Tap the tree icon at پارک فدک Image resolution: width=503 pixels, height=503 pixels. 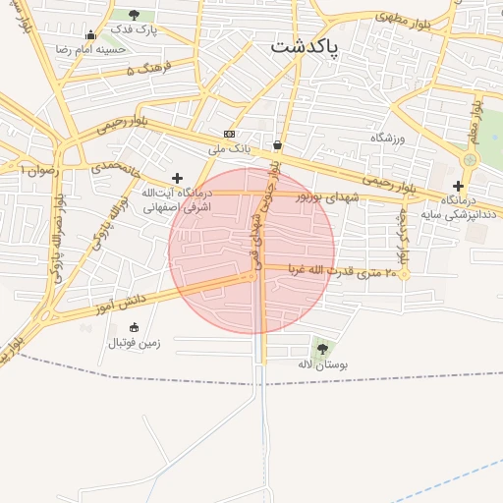click(x=134, y=15)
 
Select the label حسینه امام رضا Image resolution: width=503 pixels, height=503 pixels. click(x=91, y=49)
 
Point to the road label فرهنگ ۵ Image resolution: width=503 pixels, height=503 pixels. click(x=148, y=70)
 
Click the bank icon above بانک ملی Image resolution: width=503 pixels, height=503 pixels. click(x=229, y=134)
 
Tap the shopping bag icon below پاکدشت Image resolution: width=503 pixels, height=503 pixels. click(x=278, y=145)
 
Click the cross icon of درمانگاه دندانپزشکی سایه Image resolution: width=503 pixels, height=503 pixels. click(x=458, y=185)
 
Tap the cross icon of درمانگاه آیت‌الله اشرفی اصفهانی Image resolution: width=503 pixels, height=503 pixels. click(x=177, y=178)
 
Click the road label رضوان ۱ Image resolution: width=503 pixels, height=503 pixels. click(x=39, y=169)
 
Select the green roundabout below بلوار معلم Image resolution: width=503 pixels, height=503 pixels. click(x=470, y=159)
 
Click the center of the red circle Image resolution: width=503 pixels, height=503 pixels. click(x=251, y=251)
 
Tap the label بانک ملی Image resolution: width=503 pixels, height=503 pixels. click(x=229, y=150)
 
